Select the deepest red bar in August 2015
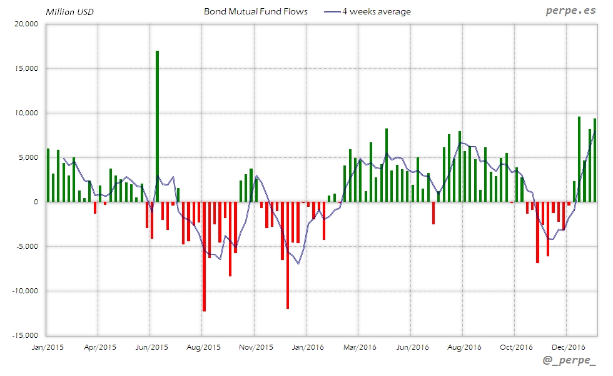tap(204, 257)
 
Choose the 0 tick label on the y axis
tap(36, 202)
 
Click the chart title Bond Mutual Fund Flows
tap(256, 11)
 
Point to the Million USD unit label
tap(69, 11)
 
